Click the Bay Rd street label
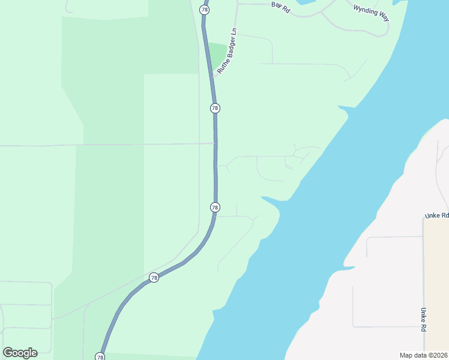(x=280, y=7)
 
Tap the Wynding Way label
(x=371, y=13)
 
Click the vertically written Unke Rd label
(x=423, y=320)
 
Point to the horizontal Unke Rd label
(x=436, y=215)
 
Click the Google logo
(x=20, y=352)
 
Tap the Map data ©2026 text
(x=423, y=355)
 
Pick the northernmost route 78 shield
(x=205, y=10)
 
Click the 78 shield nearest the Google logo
(x=100, y=357)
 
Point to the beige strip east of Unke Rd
(x=437, y=282)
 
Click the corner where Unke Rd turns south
(x=424, y=218)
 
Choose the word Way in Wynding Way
(x=383, y=17)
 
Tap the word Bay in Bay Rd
(x=276, y=5)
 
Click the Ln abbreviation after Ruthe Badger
(x=235, y=37)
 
